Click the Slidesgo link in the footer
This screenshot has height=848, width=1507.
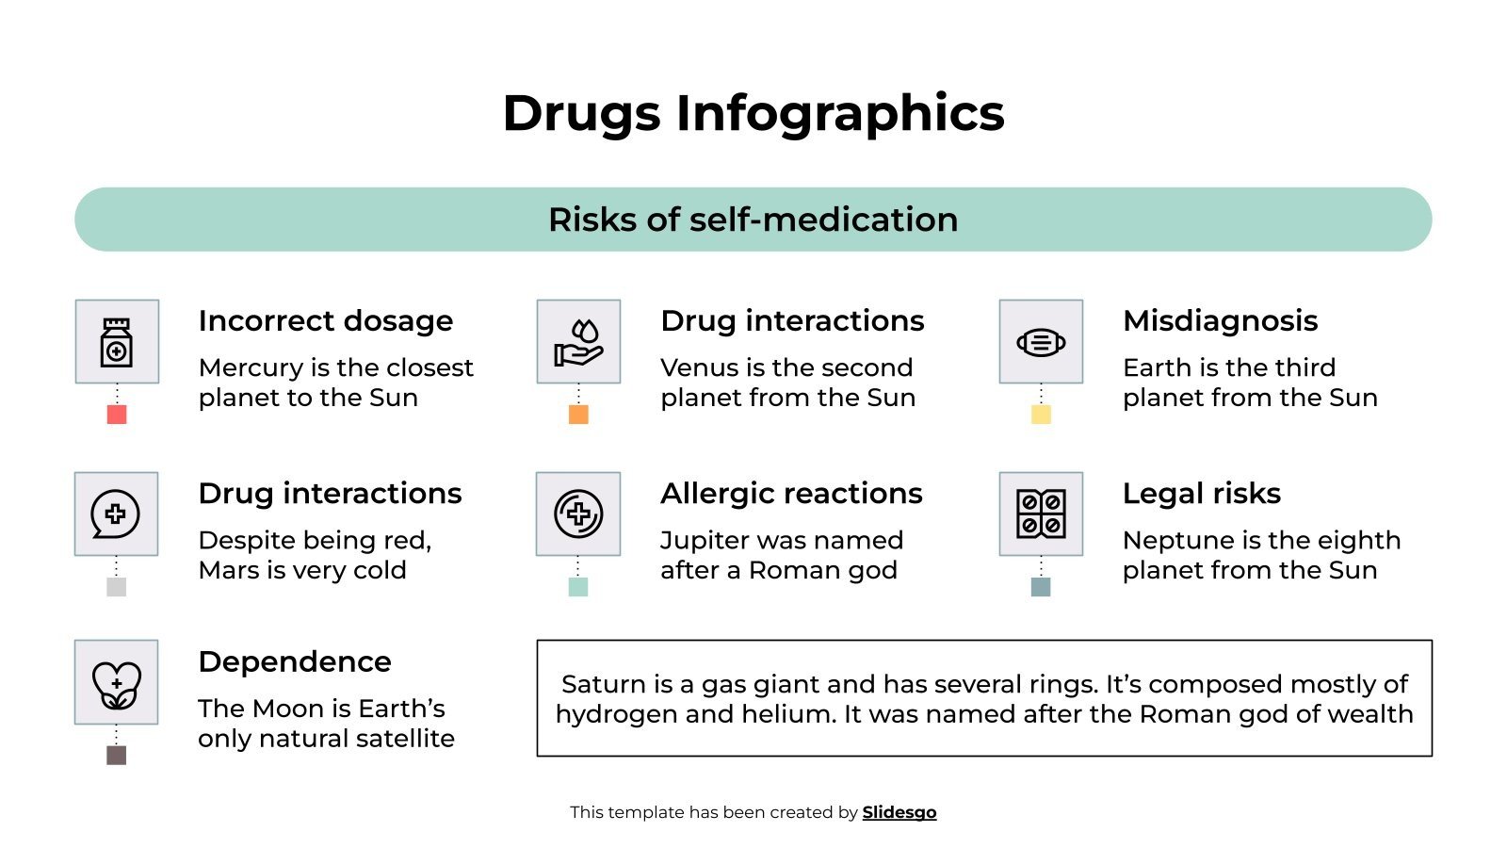899,812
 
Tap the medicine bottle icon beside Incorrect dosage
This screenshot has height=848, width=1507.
117,341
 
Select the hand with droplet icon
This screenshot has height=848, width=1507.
578,341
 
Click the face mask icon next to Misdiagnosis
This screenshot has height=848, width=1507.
1041,341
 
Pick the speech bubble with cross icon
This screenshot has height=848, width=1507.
116,514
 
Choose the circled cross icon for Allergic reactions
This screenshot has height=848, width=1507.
578,514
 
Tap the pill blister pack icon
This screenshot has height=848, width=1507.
1041,514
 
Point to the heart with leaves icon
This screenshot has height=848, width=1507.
116,683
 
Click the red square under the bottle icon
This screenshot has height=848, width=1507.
117,415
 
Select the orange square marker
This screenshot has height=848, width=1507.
578,415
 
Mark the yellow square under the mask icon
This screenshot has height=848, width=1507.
1041,415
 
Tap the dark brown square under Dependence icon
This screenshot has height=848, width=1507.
116,755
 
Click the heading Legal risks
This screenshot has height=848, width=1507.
1202,494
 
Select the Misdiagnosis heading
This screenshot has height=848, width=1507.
1220,321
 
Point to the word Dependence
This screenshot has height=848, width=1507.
295,662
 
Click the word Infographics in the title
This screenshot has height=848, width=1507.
840,114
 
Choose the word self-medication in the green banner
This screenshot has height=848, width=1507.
823,220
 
